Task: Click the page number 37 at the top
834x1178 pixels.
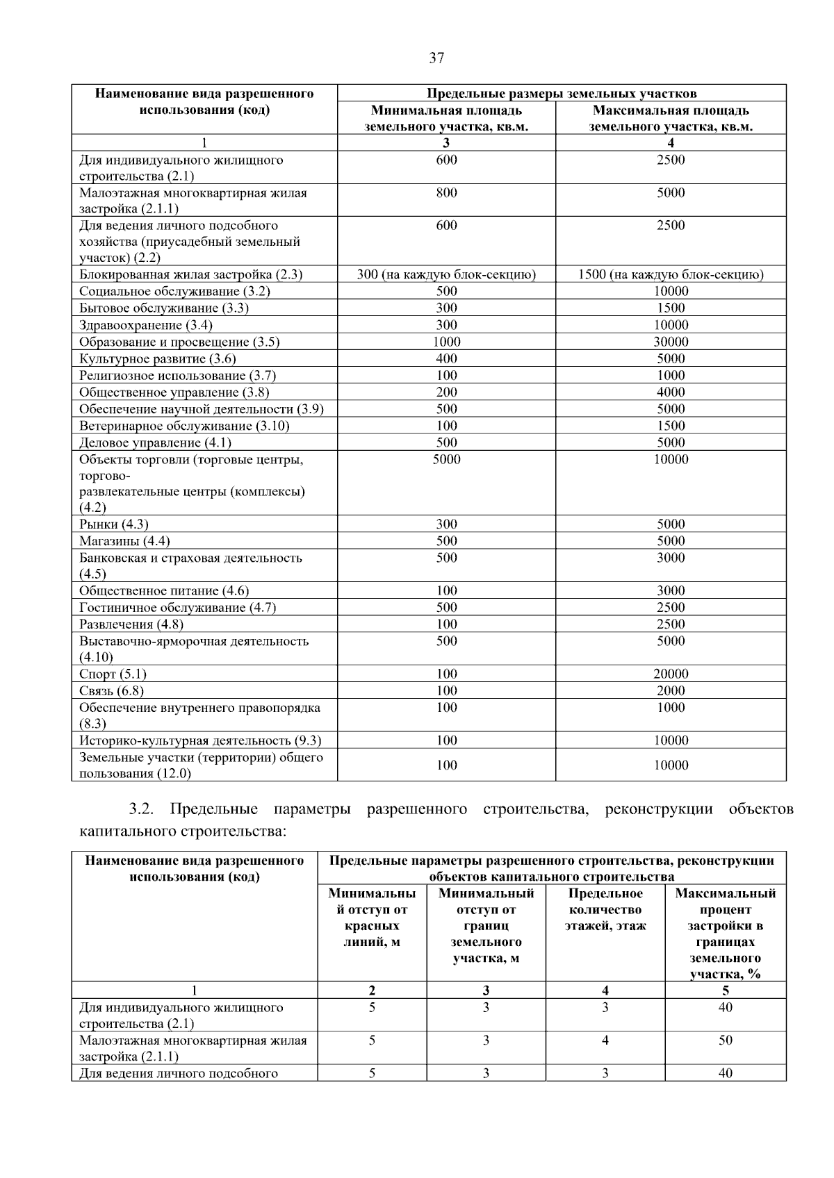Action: click(436, 58)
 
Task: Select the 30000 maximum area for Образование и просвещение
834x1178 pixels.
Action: click(671, 342)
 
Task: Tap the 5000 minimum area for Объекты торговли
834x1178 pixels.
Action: click(446, 459)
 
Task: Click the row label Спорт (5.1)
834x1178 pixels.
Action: click(113, 674)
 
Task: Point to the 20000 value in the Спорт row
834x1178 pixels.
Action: click(671, 674)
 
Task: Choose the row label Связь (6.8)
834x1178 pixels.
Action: click(111, 690)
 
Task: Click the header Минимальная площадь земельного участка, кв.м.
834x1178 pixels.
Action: click(446, 118)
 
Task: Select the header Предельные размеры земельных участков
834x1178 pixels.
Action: click(561, 93)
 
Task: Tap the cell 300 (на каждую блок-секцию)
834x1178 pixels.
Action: click(446, 274)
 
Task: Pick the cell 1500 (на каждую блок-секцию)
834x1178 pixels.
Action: click(671, 274)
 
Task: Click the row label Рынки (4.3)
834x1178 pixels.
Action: click(114, 524)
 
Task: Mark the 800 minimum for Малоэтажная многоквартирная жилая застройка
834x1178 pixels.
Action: click(446, 192)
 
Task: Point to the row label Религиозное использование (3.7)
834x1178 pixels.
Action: click(177, 376)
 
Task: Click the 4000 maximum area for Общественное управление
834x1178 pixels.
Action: click(671, 392)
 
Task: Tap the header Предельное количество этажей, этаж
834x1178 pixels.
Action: click(605, 909)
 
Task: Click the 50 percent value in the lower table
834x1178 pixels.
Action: click(725, 1040)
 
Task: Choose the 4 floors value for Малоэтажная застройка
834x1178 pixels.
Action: click(605, 1040)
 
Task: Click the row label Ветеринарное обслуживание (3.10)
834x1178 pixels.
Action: click(184, 426)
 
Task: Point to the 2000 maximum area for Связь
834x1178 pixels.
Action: click(671, 690)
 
